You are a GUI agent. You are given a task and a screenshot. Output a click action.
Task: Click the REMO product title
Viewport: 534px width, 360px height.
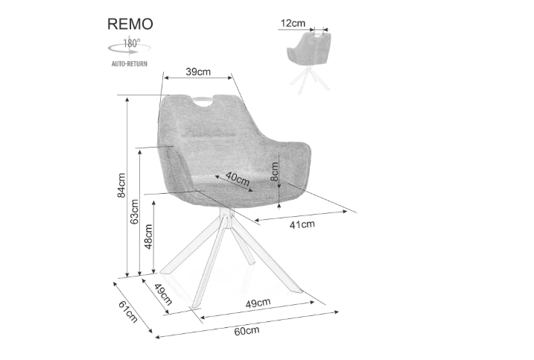tap(130, 23)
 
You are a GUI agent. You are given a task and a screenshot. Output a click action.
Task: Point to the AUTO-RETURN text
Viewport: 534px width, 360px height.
tap(130, 64)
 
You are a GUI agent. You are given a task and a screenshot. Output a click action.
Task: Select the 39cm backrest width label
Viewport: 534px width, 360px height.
tap(198, 72)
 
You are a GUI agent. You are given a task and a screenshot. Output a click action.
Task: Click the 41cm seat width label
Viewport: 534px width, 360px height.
tap(302, 223)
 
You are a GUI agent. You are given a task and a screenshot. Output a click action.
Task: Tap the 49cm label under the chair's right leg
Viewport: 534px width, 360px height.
tap(257, 303)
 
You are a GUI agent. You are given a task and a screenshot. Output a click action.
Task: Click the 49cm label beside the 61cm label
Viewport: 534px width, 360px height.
tap(162, 294)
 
